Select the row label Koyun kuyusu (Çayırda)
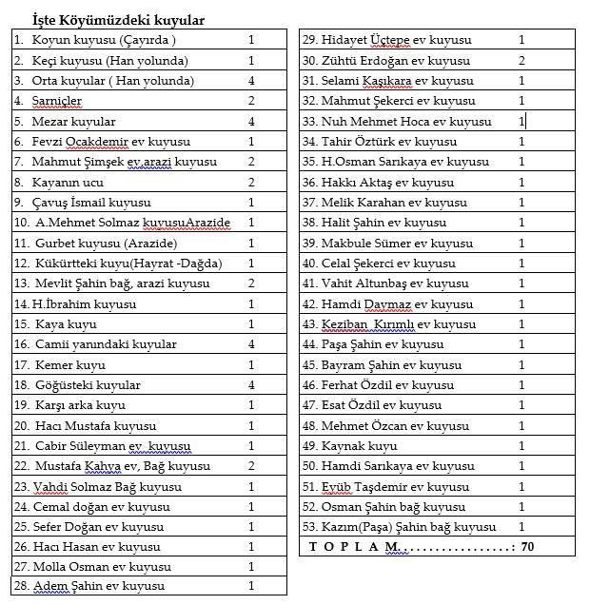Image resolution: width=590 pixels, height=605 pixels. coord(104,40)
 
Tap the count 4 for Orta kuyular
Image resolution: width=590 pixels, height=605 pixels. coord(251,81)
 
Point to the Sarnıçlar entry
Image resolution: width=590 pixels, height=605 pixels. coord(57,101)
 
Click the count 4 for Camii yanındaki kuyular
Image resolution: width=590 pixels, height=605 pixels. coord(251,344)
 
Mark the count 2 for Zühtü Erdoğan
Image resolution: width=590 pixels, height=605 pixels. coord(521,61)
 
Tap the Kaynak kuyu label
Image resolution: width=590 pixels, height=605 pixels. coord(359,446)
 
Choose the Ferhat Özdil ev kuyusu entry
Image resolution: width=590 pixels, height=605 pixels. coord(387,385)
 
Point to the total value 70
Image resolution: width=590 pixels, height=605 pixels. coord(528,547)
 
